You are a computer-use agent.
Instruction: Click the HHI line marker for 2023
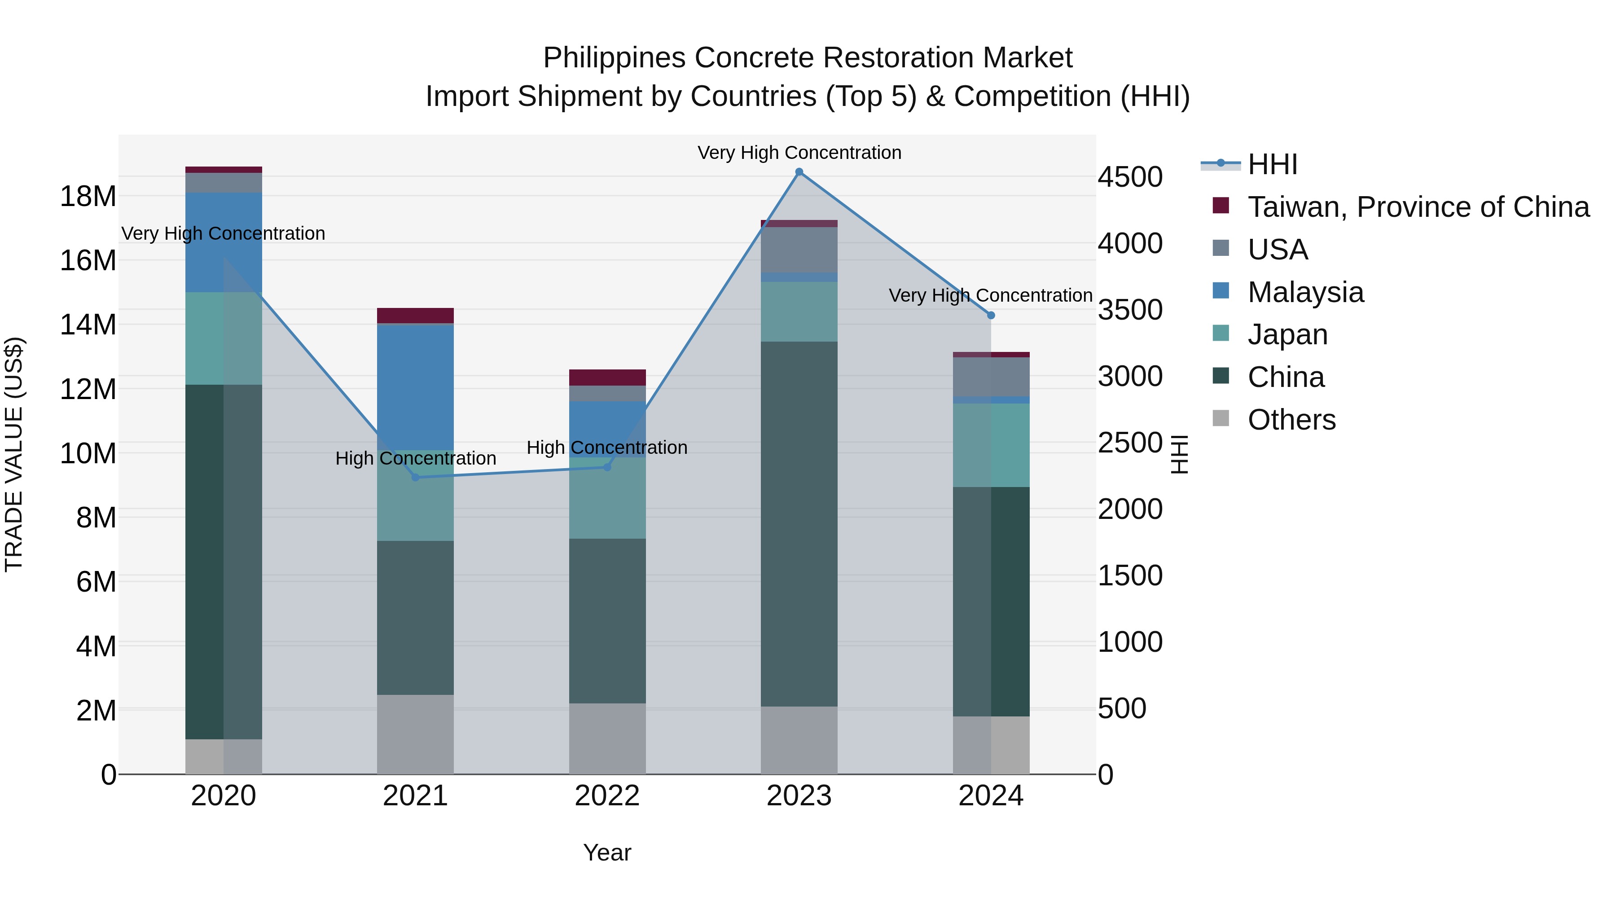(x=799, y=172)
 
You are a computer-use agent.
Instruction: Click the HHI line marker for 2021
(x=415, y=478)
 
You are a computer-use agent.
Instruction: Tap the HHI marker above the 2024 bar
(x=991, y=316)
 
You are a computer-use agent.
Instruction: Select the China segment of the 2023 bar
(x=799, y=524)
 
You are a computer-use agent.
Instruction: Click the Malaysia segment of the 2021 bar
(x=415, y=386)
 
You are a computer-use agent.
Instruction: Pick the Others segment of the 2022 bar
(x=607, y=738)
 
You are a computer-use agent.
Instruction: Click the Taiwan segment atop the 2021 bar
(x=415, y=316)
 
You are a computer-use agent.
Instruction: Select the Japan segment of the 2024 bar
(x=991, y=445)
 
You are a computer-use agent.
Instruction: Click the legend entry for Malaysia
(x=1305, y=292)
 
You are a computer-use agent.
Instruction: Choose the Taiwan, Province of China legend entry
(x=1418, y=207)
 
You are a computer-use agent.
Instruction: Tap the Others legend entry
(x=1291, y=420)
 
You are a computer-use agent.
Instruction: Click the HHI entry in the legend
(x=1272, y=164)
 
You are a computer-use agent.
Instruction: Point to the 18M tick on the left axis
(x=88, y=196)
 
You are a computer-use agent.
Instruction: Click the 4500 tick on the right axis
(x=1130, y=177)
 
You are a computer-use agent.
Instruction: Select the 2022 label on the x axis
(x=607, y=796)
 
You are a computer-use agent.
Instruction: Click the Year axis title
(x=607, y=852)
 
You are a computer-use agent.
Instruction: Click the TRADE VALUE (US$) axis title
(x=14, y=454)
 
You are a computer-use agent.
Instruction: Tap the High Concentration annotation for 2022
(x=607, y=448)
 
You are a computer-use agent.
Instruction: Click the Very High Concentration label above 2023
(x=799, y=153)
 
